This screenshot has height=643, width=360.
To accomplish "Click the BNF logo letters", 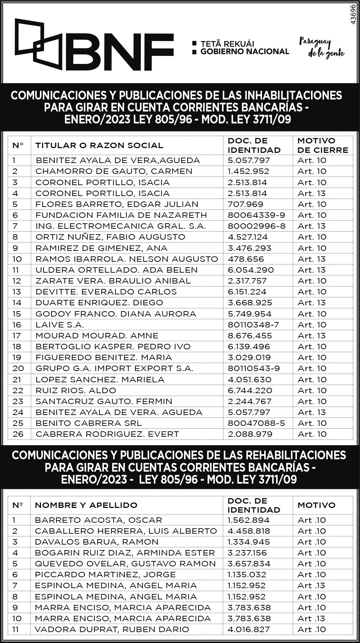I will point(122,52).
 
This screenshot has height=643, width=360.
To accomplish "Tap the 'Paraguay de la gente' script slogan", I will point(322,48).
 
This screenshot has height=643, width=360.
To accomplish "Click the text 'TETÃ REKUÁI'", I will point(227,44).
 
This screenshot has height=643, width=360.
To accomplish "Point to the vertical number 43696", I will point(353,15).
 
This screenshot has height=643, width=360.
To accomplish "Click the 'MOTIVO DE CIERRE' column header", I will point(322,145).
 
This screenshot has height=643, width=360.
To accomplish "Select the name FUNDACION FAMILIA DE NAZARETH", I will point(121,215).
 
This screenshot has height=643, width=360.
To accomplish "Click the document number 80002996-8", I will point(256,226).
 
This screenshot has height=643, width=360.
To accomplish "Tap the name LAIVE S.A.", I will point(60,325).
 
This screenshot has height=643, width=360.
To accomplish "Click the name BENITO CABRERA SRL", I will point(89,423).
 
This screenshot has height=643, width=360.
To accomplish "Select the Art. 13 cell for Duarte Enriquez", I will point(311,302).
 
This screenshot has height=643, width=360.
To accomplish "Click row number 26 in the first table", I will point(18,434).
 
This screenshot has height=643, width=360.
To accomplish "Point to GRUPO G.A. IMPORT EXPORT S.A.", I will point(114,368).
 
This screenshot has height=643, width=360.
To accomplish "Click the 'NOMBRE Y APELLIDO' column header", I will point(86,505).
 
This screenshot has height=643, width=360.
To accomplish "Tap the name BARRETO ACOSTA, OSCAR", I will point(98,520).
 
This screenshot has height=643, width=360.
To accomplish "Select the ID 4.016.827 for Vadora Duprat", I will point(249,629).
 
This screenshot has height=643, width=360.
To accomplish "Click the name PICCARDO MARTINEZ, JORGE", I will point(105,574).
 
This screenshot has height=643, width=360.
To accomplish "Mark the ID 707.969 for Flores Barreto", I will point(245,204).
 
